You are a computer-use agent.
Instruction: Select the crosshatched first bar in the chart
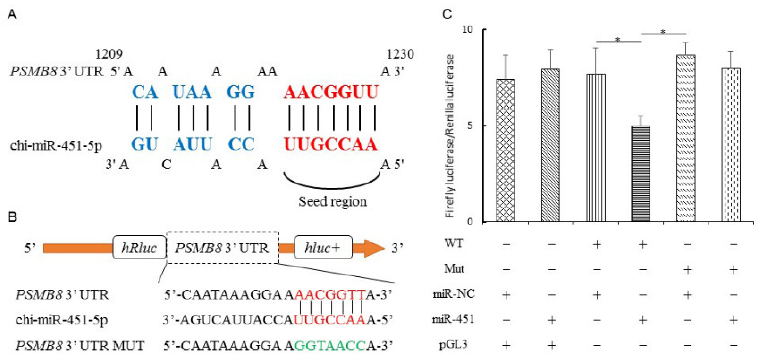click(505, 150)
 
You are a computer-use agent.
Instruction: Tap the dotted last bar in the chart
click(731, 145)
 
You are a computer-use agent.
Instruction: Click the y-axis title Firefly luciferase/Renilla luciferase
click(450, 136)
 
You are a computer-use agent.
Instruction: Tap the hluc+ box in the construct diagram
click(323, 247)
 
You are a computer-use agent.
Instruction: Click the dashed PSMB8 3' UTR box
click(222, 247)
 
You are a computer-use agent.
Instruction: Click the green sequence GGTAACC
click(330, 346)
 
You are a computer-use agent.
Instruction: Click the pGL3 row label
click(453, 345)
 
